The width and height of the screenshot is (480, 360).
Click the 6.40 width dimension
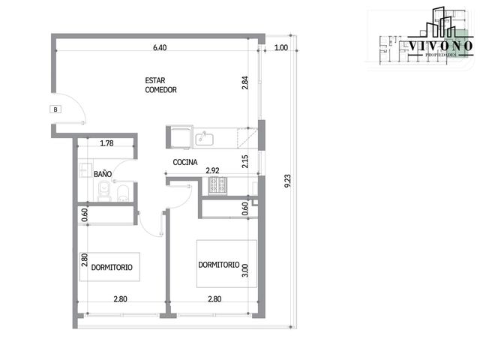[x=160, y=47]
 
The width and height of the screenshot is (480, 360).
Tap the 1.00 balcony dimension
[x=281, y=47]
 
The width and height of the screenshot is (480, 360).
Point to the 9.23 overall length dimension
[x=287, y=181]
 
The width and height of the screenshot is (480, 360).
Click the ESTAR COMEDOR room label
[x=160, y=85]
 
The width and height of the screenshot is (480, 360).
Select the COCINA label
[x=185, y=162]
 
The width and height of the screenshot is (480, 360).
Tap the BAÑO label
[x=103, y=174]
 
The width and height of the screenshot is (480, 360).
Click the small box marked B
[x=55, y=109]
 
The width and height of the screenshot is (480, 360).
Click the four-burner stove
[x=217, y=185]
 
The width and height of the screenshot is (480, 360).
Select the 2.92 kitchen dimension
[x=212, y=170]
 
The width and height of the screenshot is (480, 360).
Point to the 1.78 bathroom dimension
[x=106, y=143]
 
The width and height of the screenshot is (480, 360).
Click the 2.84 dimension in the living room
[x=245, y=82]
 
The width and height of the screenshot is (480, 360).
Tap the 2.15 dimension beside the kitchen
[x=245, y=161]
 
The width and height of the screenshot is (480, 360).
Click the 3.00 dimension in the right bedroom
[x=245, y=270]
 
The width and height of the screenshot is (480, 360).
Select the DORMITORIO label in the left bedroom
[x=112, y=267]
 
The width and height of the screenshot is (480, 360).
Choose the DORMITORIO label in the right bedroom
[x=219, y=265]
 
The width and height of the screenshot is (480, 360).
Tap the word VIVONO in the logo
[x=441, y=46]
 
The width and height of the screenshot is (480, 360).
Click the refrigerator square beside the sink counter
[x=181, y=138]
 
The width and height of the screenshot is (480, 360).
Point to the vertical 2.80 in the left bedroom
[x=85, y=260]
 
